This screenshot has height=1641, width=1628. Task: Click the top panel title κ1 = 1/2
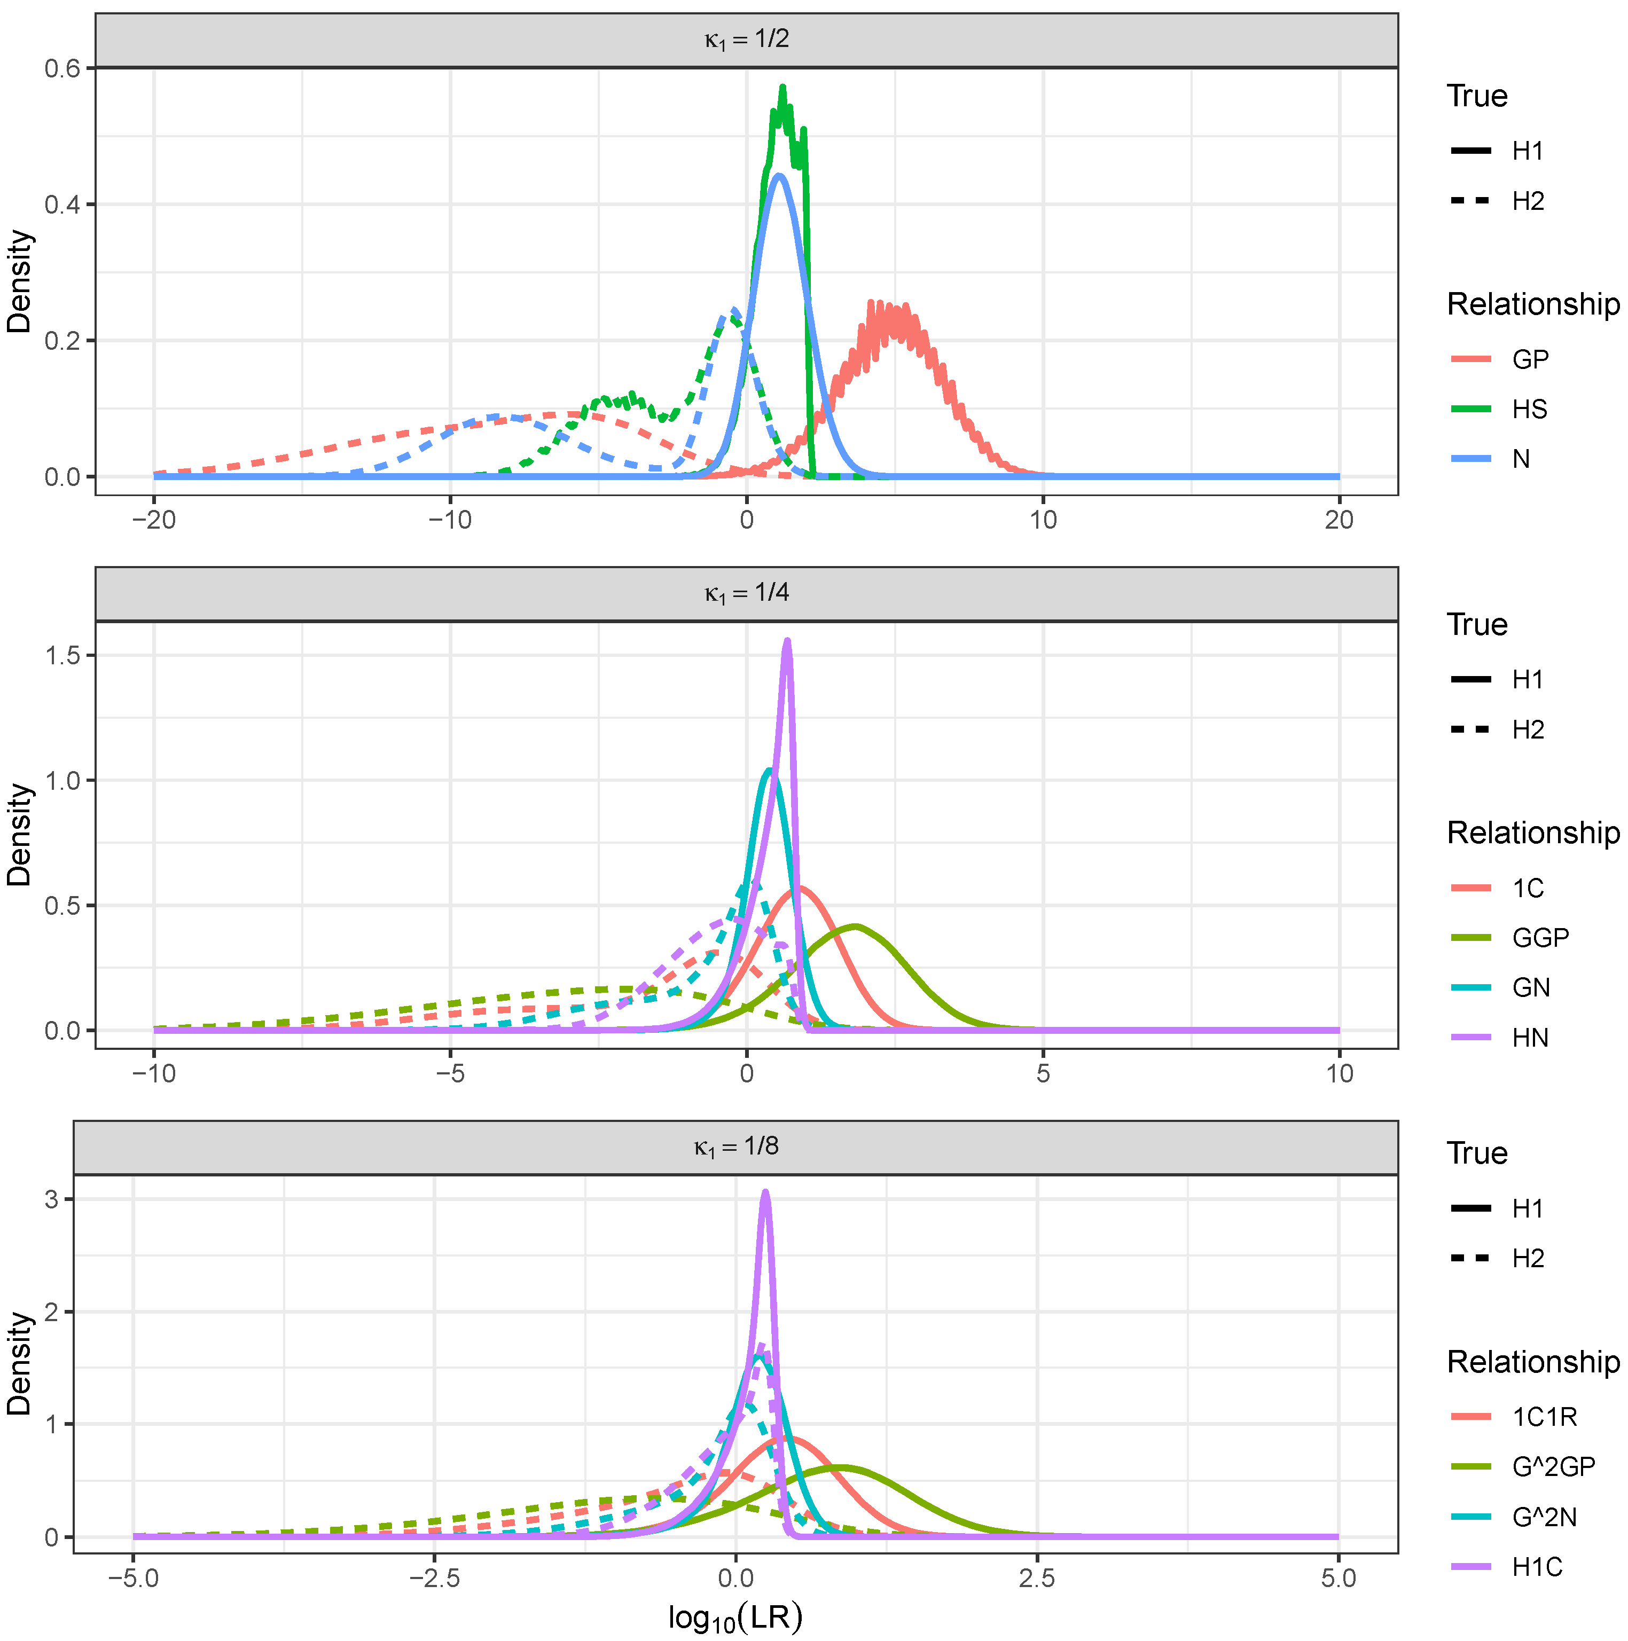[746, 40]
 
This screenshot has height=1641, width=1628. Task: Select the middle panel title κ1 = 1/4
[746, 593]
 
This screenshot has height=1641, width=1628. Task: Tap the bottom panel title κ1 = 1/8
[736, 1147]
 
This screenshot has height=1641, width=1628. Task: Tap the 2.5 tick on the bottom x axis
[1037, 1579]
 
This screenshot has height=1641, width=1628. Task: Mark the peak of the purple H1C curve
[765, 1192]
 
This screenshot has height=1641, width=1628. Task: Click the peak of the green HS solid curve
[782, 87]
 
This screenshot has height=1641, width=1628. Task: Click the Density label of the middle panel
[19, 835]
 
